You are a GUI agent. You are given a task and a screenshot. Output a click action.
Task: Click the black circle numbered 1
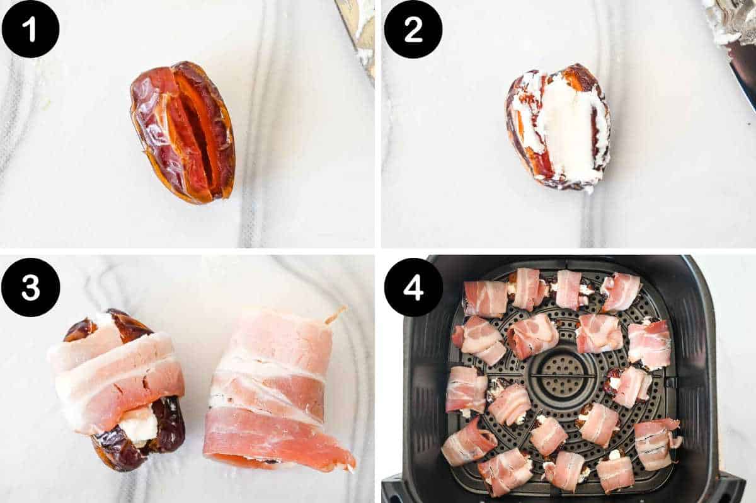pos(30,29)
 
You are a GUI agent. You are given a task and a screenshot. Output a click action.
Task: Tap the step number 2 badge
pos(413,29)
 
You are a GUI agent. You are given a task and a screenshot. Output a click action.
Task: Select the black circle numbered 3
pos(30,287)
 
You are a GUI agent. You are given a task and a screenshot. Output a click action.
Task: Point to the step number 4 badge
pos(413,287)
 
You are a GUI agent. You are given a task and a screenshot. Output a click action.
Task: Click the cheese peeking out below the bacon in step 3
pos(139,424)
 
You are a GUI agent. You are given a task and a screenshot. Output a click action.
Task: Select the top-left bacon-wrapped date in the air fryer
pos(485,298)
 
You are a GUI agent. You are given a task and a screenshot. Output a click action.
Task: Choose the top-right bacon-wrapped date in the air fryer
pos(621,291)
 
